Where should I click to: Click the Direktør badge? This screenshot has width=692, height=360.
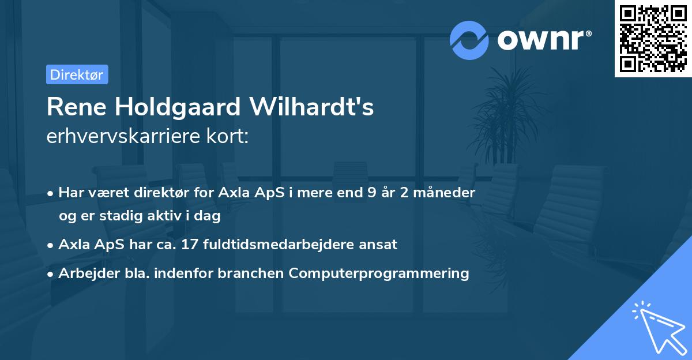click(x=77, y=74)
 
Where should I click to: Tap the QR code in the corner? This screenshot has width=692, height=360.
click(x=653, y=39)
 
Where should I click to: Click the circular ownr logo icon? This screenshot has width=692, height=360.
click(x=469, y=40)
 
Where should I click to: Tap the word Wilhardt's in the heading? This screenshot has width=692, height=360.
click(x=312, y=108)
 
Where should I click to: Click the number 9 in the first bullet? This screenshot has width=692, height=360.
click(x=362, y=193)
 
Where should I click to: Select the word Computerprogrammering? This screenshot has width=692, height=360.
click(x=379, y=273)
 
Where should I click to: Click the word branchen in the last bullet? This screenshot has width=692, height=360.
click(x=251, y=273)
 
